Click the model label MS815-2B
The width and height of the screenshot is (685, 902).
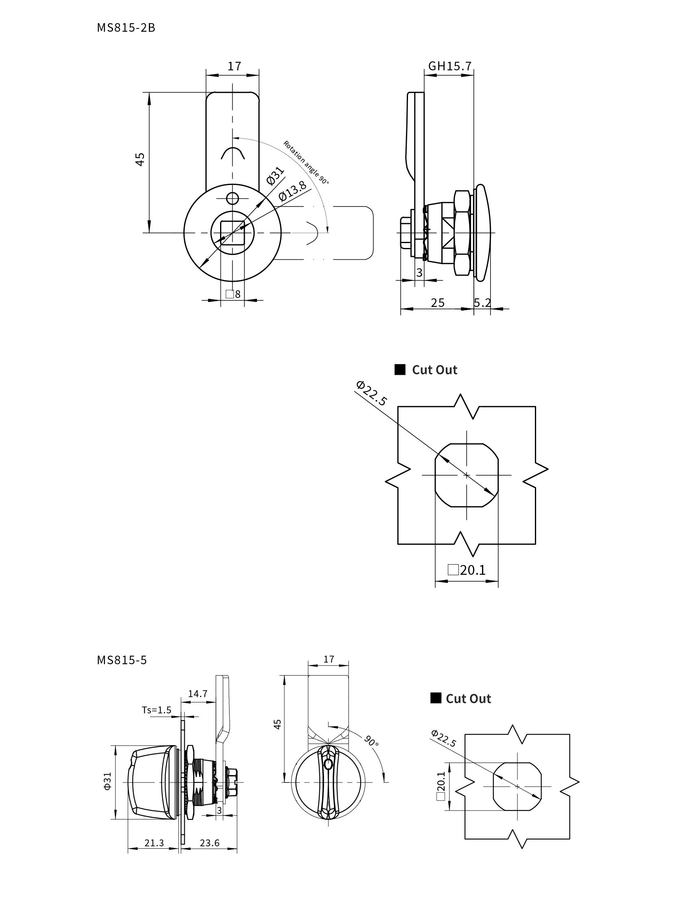(126, 28)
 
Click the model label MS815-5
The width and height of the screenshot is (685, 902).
(122, 660)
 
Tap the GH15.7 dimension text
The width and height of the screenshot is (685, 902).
(449, 66)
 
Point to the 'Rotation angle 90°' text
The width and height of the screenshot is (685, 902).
(306, 163)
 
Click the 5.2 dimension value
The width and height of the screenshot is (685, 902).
(482, 302)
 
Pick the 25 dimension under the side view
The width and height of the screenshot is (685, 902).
(437, 302)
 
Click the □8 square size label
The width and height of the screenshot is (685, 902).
(233, 294)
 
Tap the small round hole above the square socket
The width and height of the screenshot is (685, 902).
(233, 199)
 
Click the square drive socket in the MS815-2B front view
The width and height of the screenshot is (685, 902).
(233, 233)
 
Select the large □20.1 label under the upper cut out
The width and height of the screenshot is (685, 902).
(467, 569)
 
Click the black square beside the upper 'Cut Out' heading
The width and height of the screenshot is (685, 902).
(400, 370)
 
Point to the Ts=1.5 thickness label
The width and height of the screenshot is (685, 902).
(157, 710)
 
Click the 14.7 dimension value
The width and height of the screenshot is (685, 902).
(198, 693)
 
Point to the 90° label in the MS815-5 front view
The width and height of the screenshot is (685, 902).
(371, 741)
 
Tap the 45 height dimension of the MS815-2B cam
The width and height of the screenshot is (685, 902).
(140, 159)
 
